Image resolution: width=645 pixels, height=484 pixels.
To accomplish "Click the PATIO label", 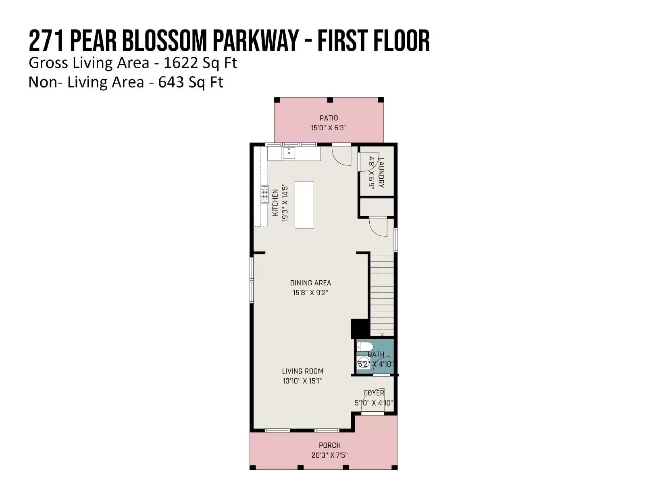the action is coord(329,118).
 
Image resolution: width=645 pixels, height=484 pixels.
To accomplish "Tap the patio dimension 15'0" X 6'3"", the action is coord(329,128).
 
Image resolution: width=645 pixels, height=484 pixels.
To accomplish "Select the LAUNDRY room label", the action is coord(381,173).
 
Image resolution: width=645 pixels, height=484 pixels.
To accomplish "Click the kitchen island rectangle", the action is coord(304,204).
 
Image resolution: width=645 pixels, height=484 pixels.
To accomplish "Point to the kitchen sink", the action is coord(289,153).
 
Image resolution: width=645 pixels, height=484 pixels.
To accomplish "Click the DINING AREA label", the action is coord(310,283).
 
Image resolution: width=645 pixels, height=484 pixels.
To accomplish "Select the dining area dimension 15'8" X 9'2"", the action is coord(310,293).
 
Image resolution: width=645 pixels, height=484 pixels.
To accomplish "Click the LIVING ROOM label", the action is coord(302,371).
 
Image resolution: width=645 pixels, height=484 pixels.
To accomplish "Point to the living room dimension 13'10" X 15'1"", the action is coord(302,381).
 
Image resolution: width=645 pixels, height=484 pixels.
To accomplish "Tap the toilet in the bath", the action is coord(365,346).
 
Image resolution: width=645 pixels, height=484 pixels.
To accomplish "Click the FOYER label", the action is coord(374,393).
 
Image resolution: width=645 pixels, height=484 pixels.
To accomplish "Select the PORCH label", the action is coord(329,445).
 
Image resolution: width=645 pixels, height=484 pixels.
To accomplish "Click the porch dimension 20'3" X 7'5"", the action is coord(329,455).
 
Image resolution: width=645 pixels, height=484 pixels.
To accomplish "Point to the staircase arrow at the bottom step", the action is coord(382,334).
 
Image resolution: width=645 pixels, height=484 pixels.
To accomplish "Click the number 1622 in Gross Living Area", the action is coord(180,63).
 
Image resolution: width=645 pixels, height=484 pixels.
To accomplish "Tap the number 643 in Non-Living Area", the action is coord(171,82).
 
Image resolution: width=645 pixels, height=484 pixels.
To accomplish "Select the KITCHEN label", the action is coord(275,202).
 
